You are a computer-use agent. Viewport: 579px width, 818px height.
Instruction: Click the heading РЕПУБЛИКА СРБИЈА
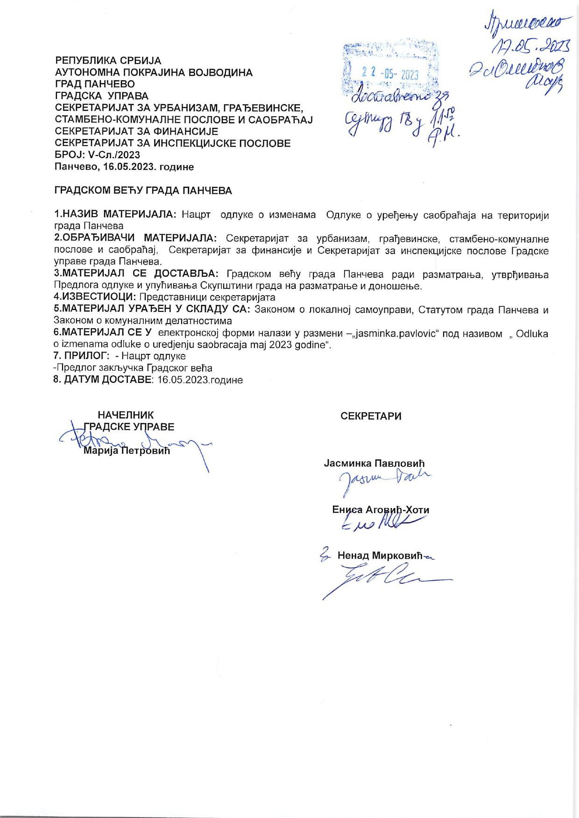tap(108, 61)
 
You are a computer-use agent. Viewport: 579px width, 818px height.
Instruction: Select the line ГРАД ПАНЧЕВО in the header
tap(95, 84)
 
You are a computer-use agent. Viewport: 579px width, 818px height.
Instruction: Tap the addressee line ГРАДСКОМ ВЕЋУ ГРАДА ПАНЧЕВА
tap(143, 190)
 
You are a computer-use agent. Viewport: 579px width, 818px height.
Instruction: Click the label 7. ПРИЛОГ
tap(81, 356)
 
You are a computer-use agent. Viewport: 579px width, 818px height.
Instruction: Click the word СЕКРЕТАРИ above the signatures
tap(371, 416)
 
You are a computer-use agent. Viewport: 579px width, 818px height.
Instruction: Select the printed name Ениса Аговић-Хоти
tap(381, 510)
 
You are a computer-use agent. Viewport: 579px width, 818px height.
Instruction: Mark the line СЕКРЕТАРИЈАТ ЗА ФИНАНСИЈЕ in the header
tap(136, 131)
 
